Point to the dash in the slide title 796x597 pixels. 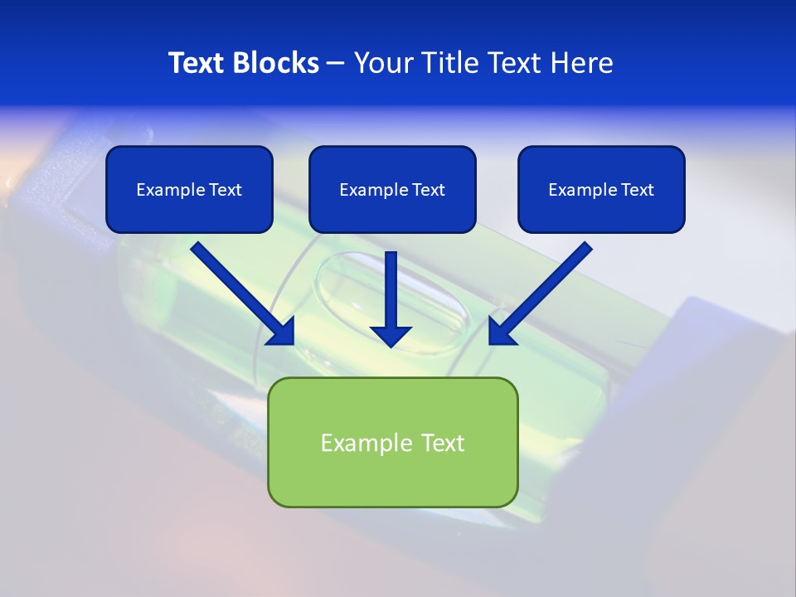point(335,64)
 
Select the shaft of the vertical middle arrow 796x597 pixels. point(391,286)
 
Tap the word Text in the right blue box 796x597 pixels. point(638,190)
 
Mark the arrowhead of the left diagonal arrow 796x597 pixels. point(283,332)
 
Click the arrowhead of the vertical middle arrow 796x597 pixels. point(391,336)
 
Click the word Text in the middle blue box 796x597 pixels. point(429,190)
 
